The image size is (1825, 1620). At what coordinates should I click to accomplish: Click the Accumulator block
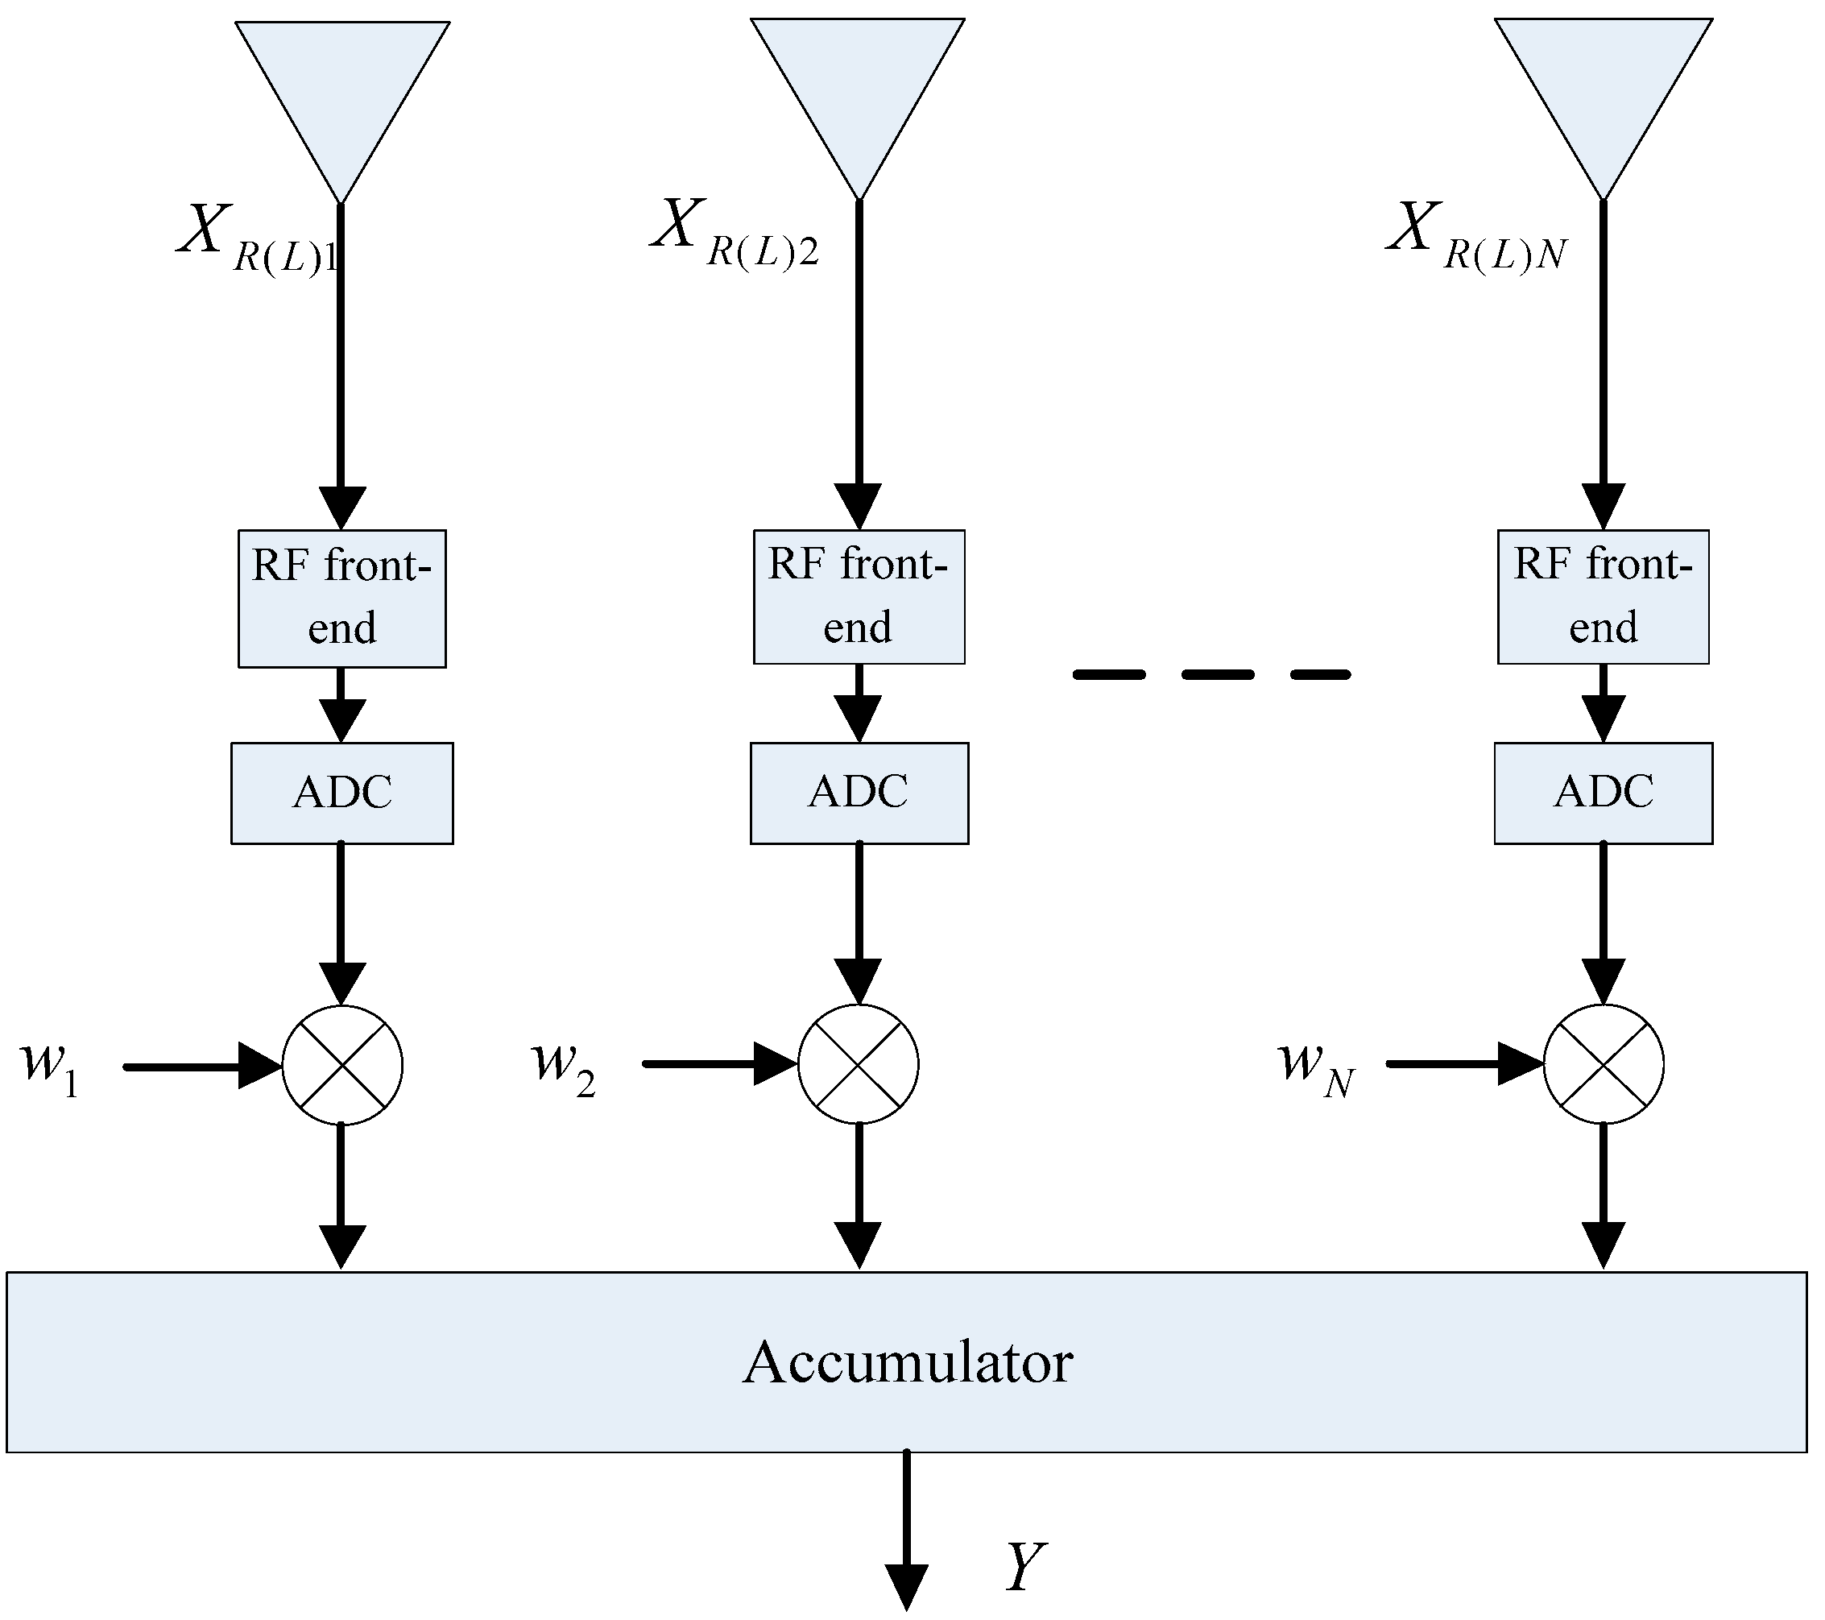click(x=906, y=1363)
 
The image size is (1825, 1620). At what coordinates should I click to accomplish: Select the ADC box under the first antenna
click(x=342, y=793)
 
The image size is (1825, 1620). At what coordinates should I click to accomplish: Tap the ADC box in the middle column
click(x=858, y=793)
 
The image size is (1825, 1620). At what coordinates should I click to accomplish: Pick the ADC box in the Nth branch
click(x=1603, y=793)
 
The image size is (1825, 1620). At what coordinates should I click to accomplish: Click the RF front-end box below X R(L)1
click(x=342, y=599)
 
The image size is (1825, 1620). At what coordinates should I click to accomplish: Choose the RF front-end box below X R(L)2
click(x=858, y=597)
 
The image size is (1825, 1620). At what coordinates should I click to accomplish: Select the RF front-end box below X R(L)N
click(x=1603, y=597)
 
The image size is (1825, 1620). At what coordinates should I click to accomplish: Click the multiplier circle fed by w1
click(x=342, y=1066)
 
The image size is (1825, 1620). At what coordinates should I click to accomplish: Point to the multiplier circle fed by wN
click(x=1603, y=1063)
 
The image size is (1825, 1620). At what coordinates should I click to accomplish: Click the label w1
click(x=49, y=1067)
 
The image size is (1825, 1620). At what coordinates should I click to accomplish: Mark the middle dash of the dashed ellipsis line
click(x=1217, y=675)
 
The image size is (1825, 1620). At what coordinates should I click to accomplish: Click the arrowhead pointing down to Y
click(x=906, y=1585)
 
